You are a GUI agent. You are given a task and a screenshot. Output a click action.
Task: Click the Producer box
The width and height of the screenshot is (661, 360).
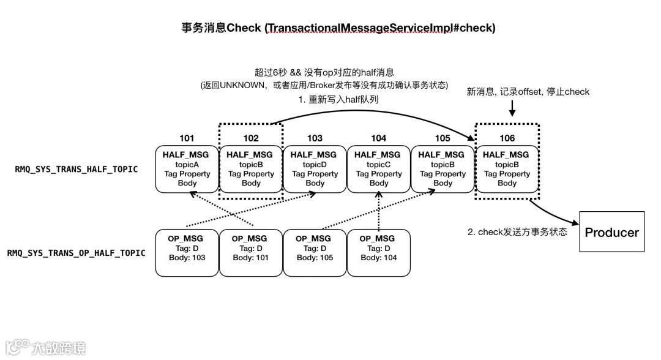[611, 232]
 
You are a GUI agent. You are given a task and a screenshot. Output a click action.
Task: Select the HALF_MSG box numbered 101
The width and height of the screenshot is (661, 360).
[187, 168]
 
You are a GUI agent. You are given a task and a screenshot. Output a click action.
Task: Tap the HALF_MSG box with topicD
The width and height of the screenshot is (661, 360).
[315, 168]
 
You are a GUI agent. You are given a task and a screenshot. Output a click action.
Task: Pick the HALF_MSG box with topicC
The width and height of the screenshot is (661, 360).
[379, 168]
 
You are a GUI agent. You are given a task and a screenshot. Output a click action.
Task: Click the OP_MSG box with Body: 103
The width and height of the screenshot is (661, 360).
[187, 252]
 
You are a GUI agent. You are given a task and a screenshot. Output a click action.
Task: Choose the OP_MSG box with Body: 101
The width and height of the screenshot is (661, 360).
[251, 252]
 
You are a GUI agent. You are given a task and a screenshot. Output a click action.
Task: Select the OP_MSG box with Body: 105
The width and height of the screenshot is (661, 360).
[315, 252]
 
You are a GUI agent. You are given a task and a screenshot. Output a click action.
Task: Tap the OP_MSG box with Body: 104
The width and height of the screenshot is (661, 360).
[379, 252]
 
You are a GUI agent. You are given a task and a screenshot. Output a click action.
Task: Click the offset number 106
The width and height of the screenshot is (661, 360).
[507, 138]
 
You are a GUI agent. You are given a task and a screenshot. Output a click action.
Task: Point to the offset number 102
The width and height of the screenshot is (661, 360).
[251, 138]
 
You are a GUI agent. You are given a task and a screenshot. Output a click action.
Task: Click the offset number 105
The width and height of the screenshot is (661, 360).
[443, 138]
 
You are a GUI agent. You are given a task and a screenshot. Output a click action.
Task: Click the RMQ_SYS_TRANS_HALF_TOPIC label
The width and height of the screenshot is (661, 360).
[77, 169]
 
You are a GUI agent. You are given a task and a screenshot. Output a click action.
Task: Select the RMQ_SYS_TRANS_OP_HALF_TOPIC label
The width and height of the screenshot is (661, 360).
[77, 252]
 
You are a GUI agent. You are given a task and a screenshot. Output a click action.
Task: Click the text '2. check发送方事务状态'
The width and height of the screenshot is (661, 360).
[517, 232]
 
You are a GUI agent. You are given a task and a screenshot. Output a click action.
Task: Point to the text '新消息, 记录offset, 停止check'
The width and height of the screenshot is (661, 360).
[528, 91]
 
